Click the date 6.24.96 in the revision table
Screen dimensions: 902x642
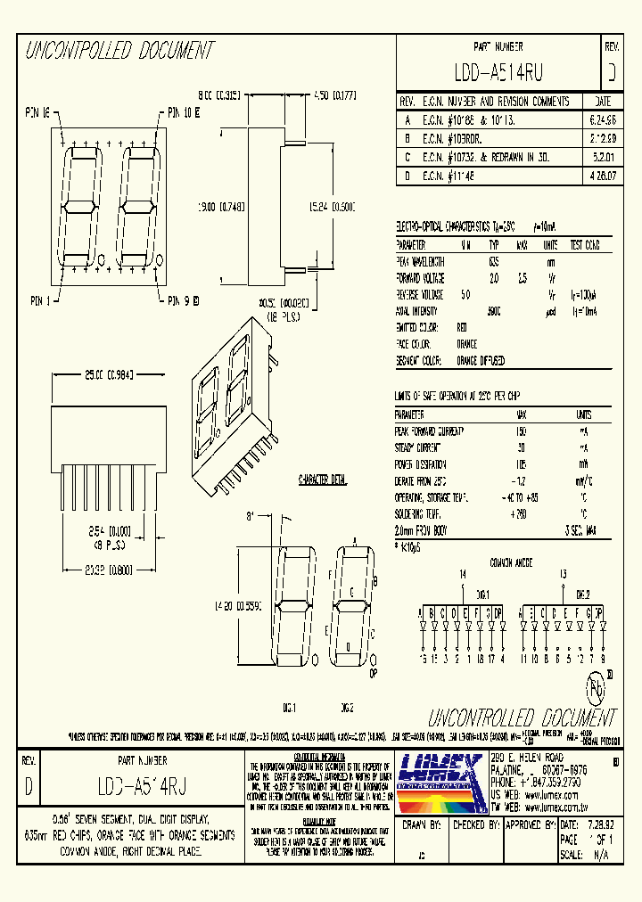[602, 119]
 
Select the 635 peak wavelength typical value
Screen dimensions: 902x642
[494, 261]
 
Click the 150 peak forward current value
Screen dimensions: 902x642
[521, 430]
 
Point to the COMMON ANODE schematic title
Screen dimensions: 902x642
[511, 563]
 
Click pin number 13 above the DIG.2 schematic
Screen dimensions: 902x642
[561, 575]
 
